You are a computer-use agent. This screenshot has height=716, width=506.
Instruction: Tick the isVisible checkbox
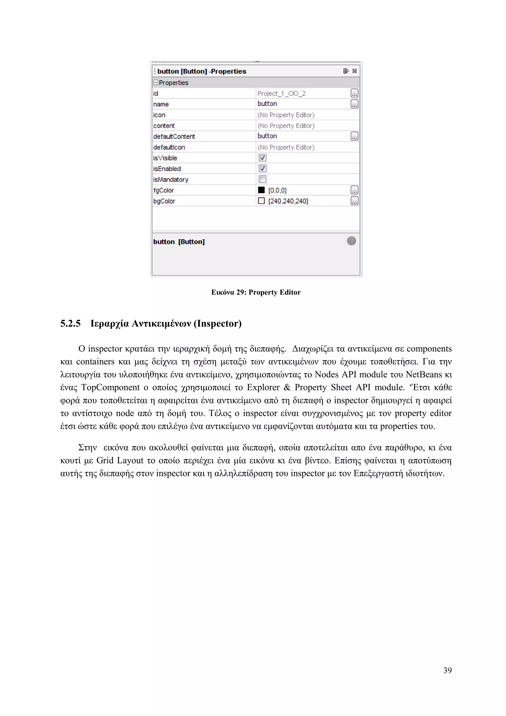(262, 158)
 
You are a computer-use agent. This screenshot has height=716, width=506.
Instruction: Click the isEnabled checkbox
(262, 169)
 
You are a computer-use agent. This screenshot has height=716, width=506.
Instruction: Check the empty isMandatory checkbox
(262, 179)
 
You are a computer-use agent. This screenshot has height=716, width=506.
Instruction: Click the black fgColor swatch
(261, 190)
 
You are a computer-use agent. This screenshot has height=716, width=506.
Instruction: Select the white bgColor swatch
(261, 201)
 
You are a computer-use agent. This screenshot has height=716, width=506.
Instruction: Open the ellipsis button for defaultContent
(354, 136)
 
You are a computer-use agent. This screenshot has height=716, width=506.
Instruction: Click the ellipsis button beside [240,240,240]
(354, 201)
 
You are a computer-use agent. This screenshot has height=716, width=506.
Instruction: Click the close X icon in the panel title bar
(355, 71)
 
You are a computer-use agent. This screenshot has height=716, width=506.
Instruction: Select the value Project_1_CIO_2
(281, 93)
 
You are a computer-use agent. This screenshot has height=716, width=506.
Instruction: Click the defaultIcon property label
(169, 147)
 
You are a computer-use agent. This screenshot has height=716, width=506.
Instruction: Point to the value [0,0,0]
(277, 190)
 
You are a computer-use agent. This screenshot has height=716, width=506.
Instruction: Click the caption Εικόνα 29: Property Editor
(256, 292)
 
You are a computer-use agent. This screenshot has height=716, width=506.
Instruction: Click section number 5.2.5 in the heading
(70, 323)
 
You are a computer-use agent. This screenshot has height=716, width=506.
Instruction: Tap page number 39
(447, 670)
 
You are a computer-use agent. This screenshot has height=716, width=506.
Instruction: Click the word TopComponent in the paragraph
(110, 387)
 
